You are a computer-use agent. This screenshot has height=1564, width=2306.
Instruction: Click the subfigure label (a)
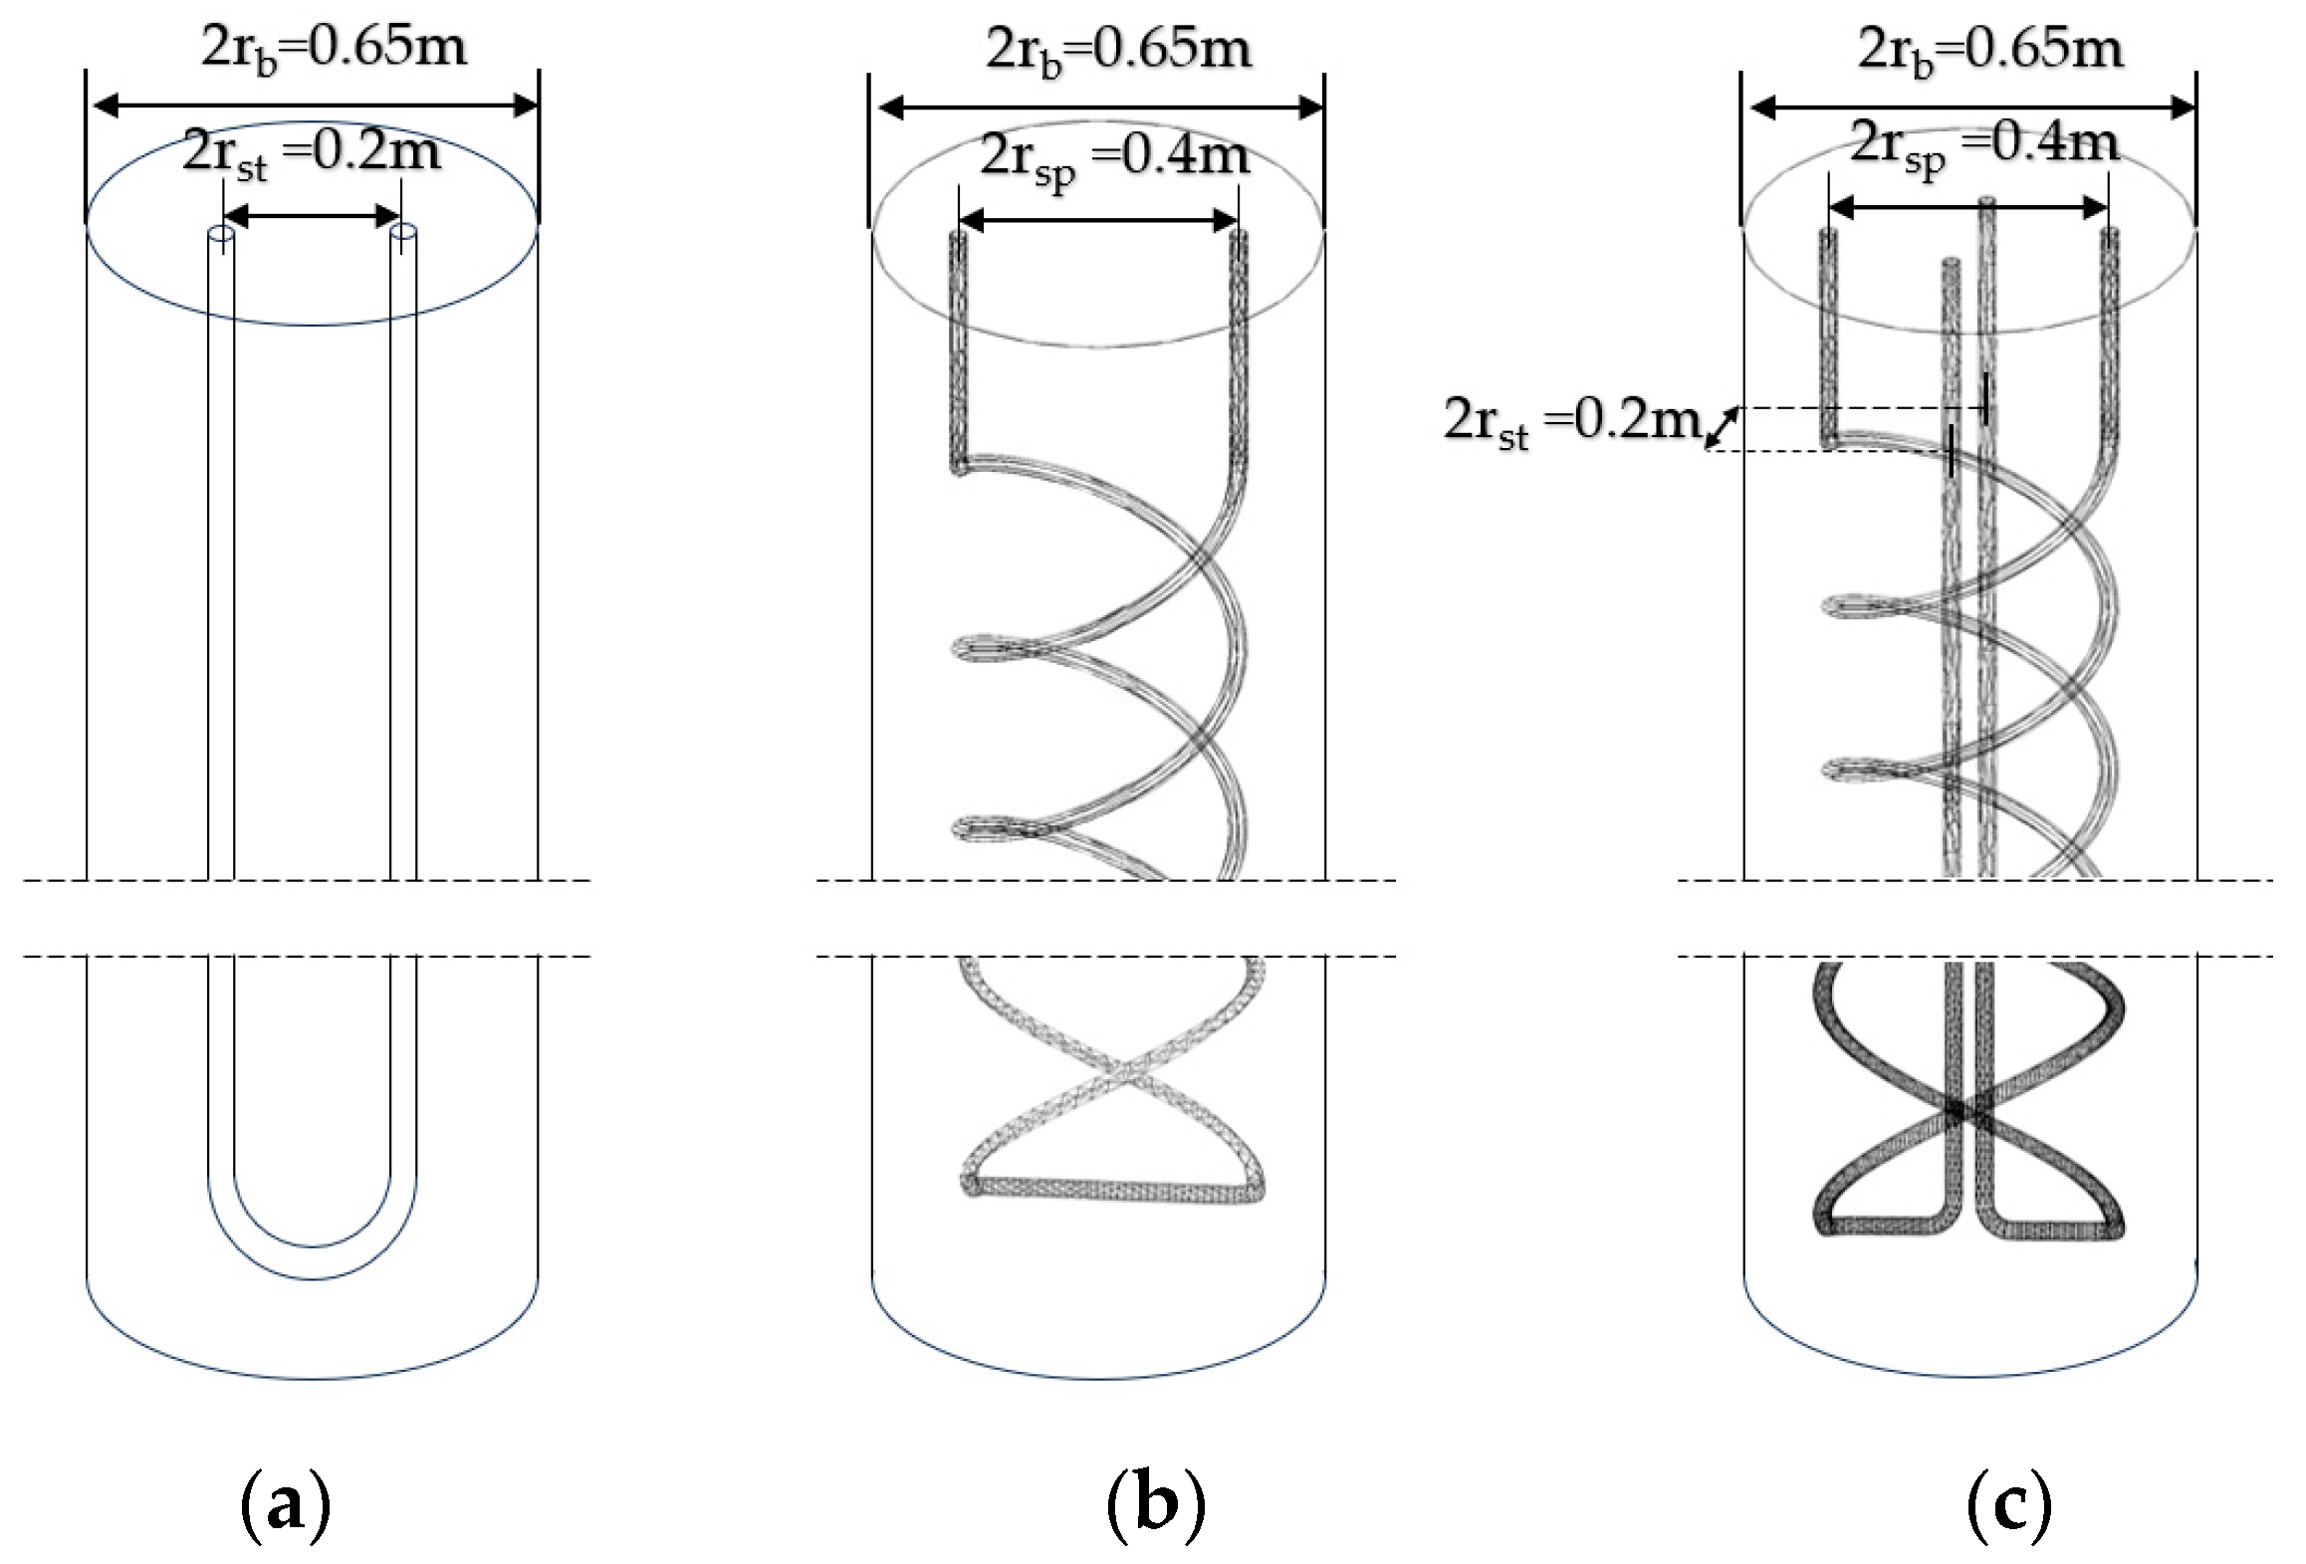(x=285, y=1506)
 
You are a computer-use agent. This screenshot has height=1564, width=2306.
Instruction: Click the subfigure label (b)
(x=1155, y=1506)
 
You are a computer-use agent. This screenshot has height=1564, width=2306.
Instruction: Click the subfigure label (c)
(x=2009, y=1506)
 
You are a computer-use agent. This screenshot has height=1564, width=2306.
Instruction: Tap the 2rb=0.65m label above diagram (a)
(x=334, y=48)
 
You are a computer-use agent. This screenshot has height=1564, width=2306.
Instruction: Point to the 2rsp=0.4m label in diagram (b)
(x=1114, y=157)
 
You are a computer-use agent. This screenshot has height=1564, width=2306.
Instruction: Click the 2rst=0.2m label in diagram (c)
(x=1571, y=422)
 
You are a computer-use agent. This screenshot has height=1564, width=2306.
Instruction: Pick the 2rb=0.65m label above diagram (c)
(x=1990, y=49)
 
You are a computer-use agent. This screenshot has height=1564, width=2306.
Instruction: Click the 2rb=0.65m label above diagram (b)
(x=1118, y=49)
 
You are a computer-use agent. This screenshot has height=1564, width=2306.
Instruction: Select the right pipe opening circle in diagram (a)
(x=403, y=233)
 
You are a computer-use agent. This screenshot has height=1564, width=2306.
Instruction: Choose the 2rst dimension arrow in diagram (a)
(x=311, y=215)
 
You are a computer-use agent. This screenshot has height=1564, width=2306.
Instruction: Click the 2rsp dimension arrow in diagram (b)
(x=1099, y=220)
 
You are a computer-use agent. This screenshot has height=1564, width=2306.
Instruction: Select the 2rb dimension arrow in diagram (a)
(x=314, y=105)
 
